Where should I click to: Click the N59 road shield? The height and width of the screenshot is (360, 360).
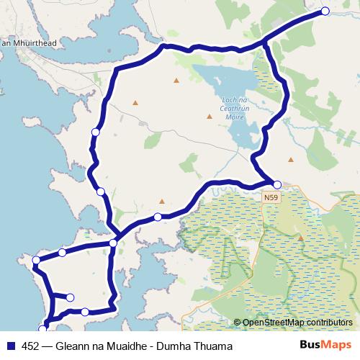coord(271,196)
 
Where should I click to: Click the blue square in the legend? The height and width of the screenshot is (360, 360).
coord(10,346)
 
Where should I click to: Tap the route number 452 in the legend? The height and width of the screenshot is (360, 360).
coord(31,346)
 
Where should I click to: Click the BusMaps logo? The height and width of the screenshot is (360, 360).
coord(325,346)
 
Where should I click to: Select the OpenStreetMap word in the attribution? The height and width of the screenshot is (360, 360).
coord(271,323)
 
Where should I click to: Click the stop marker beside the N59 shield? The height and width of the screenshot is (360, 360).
coord(277,184)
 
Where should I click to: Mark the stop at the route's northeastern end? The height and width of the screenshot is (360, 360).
coord(325,11)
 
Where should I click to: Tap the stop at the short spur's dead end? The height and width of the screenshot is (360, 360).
coord(70,297)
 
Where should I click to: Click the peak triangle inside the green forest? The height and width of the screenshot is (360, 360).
coord(301,238)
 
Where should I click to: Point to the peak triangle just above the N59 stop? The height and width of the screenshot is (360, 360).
coord(291,160)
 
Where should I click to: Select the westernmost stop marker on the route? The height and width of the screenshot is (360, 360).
coord(36,260)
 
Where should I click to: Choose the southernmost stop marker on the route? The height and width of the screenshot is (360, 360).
coord(42,330)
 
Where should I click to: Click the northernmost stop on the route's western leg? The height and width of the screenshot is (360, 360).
coord(95,132)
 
